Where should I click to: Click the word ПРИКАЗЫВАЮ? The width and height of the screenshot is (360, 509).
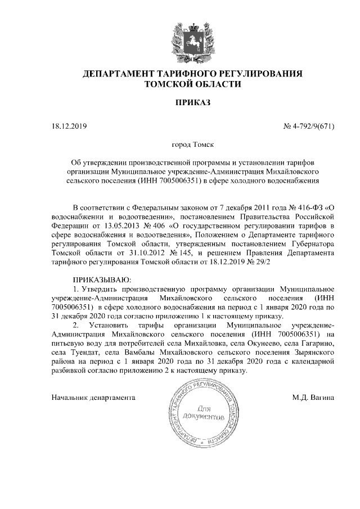point(102,280)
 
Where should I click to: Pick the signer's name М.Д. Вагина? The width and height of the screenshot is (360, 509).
point(314,398)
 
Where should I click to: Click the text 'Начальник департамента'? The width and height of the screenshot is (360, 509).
point(93,398)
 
